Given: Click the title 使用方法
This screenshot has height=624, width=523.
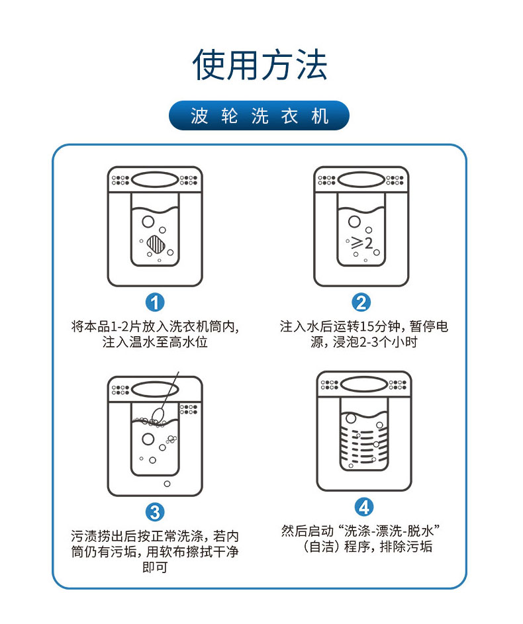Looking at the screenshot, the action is pyautogui.click(x=260, y=65).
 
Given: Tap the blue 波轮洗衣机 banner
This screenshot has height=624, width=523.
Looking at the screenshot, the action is pyautogui.click(x=260, y=116).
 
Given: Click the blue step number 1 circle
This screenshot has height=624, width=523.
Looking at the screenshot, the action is pyautogui.click(x=155, y=303).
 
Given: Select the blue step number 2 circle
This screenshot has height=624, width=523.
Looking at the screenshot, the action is pyautogui.click(x=361, y=303).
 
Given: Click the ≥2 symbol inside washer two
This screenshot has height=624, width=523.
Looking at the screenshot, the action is pyautogui.click(x=362, y=243).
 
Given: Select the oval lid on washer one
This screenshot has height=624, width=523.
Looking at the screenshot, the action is pyautogui.click(x=154, y=179).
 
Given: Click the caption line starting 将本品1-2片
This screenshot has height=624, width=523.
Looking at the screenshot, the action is pyautogui.click(x=154, y=326).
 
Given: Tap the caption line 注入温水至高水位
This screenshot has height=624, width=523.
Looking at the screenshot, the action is pyautogui.click(x=154, y=343).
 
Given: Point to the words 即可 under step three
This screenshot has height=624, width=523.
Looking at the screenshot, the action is pyautogui.click(x=154, y=568).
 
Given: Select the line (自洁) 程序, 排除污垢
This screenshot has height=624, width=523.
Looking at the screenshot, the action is pyautogui.click(x=364, y=547).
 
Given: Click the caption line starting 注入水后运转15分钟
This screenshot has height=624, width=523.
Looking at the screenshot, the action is pyautogui.click(x=364, y=326).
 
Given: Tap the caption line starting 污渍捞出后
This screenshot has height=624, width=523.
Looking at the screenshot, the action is pyautogui.click(x=154, y=535).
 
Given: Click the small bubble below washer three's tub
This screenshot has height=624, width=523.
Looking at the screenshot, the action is pyautogui.click(x=166, y=484).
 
